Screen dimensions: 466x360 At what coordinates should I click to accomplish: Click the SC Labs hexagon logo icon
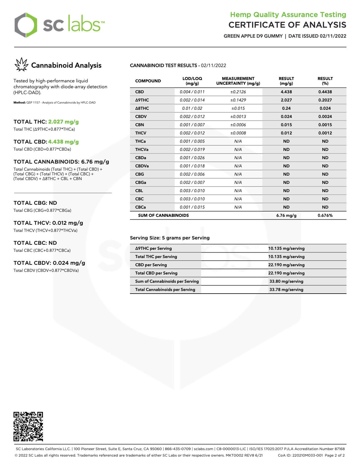26,25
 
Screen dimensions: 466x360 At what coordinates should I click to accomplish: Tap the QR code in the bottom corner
28,426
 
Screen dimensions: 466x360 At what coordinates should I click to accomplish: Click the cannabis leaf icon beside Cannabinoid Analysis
21,65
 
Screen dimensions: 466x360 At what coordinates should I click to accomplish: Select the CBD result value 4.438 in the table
286,92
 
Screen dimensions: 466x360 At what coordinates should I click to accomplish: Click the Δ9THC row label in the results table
142,100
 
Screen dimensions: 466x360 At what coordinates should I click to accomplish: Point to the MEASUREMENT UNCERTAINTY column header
238,81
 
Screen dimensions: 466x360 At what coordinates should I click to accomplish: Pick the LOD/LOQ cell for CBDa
192,158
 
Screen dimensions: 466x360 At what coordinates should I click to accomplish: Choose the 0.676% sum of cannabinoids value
325,215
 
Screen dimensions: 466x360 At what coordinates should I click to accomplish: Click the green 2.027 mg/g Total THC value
64,122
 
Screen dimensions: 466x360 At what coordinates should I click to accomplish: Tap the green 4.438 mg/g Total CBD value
64,142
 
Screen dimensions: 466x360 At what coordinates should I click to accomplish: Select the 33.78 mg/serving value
286,289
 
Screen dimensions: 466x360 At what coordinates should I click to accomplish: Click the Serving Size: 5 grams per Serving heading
170,238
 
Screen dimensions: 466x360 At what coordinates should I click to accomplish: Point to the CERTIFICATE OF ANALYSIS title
287,25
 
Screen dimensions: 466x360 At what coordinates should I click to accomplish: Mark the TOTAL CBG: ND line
35,203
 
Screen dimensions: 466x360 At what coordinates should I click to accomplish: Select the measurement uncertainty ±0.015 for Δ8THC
238,108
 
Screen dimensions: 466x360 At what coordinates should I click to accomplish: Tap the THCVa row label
142,149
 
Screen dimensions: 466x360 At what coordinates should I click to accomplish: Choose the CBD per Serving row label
151,265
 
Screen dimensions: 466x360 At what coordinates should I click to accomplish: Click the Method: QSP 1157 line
54,103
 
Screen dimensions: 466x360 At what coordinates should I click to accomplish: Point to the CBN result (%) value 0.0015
325,125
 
